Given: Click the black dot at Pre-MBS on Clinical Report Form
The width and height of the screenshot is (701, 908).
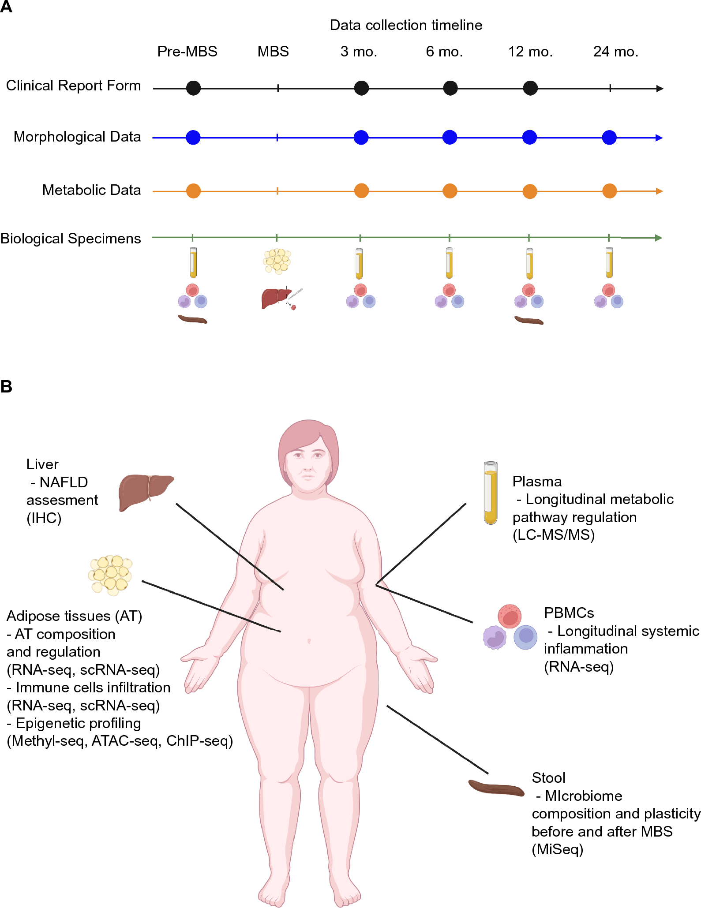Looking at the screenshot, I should (x=193, y=88).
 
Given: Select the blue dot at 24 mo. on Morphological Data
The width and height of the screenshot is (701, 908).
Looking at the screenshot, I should (x=609, y=137).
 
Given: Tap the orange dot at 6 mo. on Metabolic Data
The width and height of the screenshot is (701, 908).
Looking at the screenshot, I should (x=450, y=191).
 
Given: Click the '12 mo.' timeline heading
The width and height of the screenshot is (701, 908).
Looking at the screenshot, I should (x=530, y=52).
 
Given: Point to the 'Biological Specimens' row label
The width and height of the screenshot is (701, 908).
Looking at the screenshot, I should (x=71, y=238).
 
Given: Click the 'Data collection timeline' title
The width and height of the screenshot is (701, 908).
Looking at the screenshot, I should (x=406, y=25).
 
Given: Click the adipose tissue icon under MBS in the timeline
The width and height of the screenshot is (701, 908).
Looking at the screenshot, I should (x=277, y=261).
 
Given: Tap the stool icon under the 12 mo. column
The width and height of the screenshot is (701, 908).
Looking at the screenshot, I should (x=529, y=320).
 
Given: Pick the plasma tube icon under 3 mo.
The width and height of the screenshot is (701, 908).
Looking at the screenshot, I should (x=359, y=263).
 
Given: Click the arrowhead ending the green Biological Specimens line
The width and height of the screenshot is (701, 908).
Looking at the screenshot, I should (x=659, y=238).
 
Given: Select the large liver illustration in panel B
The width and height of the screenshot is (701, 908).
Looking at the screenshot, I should (x=145, y=492).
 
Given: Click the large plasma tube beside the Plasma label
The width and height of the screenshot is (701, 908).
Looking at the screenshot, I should (x=491, y=493).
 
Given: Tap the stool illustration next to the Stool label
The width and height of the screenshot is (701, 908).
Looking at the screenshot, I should (x=496, y=788).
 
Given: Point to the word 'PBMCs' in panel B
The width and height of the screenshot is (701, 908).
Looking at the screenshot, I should (x=569, y=613).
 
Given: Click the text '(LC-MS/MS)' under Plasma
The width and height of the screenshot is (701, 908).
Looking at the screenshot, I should (x=553, y=534).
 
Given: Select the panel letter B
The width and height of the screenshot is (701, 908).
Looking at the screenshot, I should (x=7, y=386).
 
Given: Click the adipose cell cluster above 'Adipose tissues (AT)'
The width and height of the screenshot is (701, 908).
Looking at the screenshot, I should (x=111, y=575).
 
